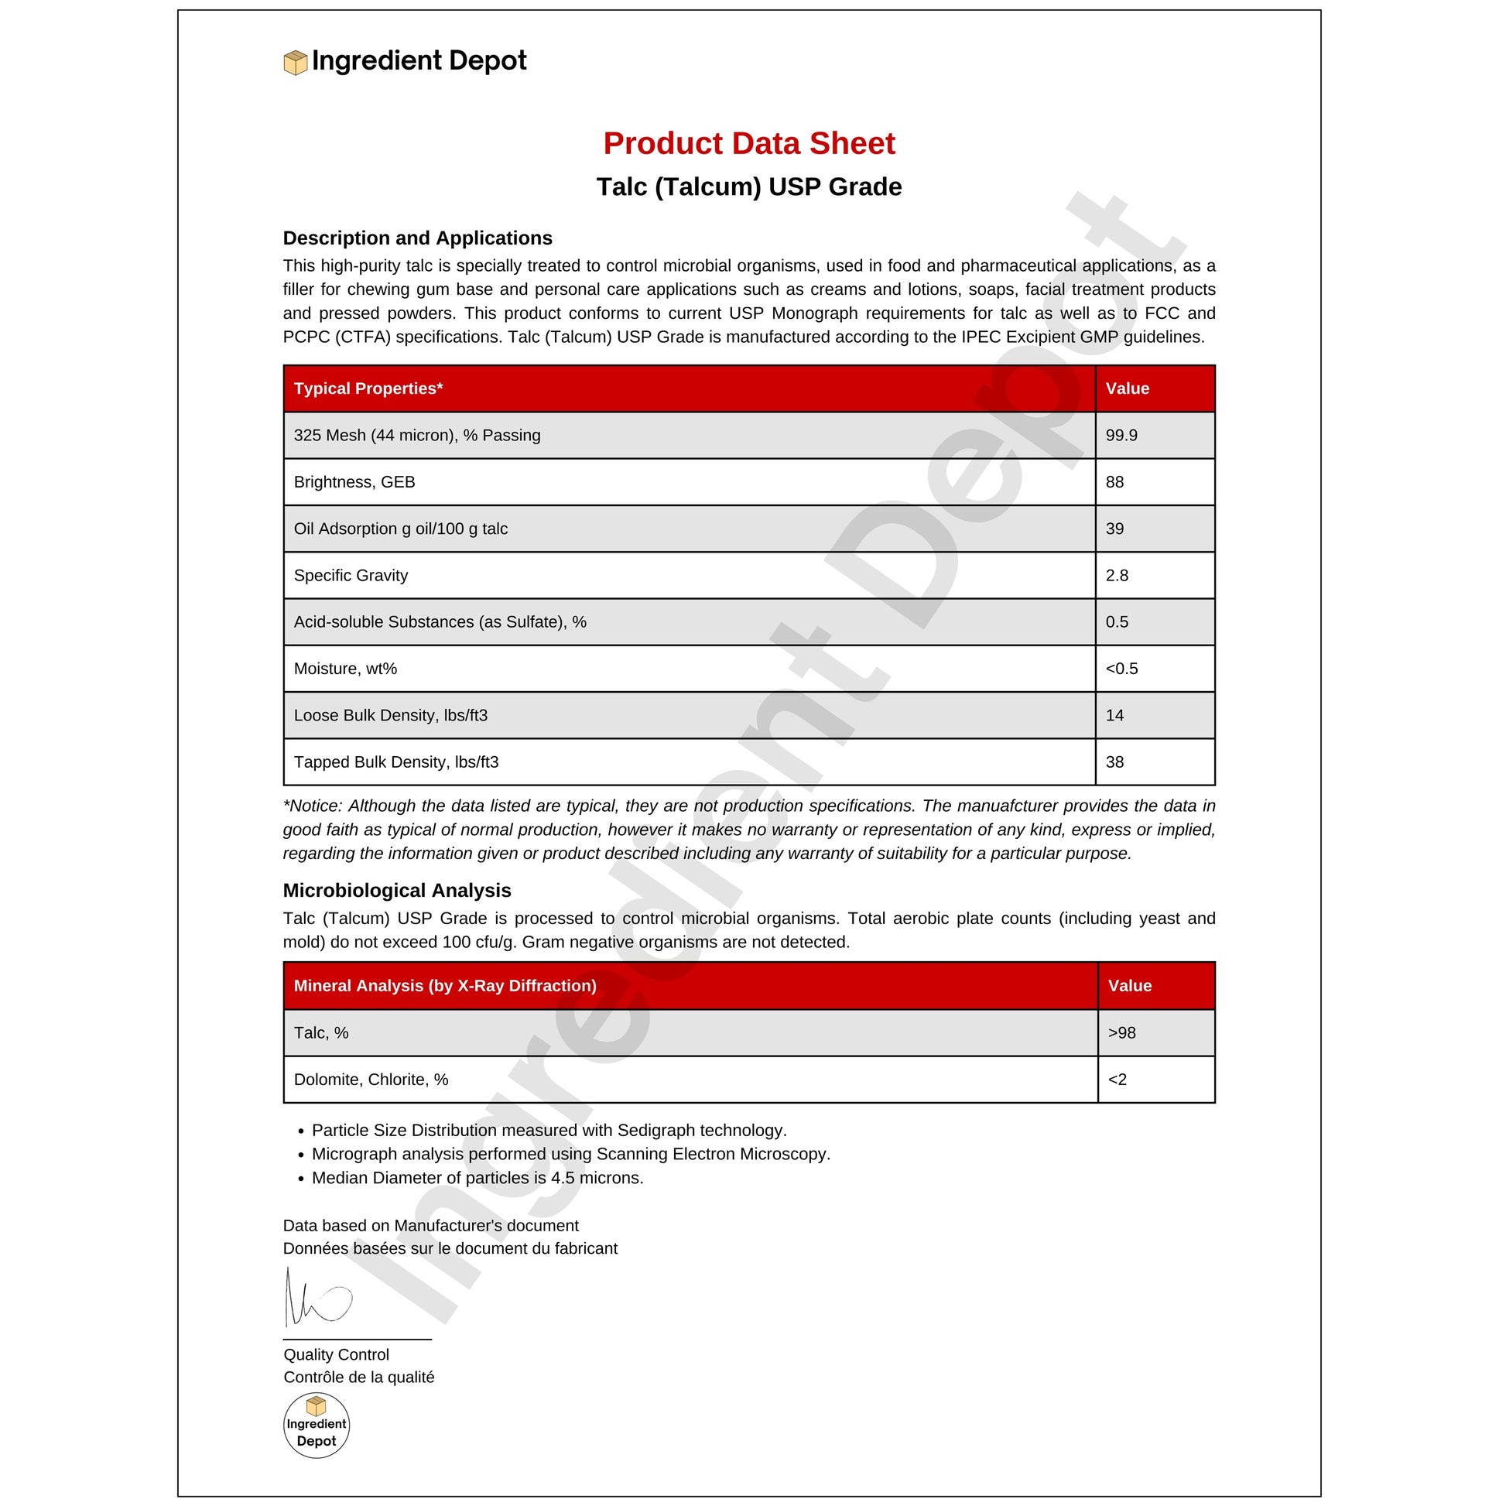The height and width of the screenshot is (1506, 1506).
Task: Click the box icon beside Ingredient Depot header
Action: pos(295,63)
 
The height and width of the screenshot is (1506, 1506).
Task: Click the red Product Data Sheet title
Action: pos(748,143)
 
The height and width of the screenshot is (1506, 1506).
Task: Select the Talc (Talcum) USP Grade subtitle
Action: pos(748,187)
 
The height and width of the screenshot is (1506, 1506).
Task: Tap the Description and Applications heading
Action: pos(417,238)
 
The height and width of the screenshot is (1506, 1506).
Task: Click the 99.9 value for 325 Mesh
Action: pos(1121,435)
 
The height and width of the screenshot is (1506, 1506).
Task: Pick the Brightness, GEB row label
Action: pos(354,481)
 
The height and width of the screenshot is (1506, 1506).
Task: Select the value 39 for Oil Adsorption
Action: pos(1114,529)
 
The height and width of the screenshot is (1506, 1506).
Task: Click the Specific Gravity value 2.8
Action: pos(1116,575)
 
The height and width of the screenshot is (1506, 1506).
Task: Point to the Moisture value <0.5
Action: pos(1121,669)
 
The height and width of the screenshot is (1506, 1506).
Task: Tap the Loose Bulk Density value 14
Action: pos(1114,716)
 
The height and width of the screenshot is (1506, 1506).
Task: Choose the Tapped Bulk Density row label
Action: pos(396,762)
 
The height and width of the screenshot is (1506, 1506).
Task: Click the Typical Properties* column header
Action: pos(368,388)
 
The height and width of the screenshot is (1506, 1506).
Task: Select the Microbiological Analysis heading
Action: pos(397,890)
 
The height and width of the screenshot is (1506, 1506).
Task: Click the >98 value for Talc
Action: pos(1121,1033)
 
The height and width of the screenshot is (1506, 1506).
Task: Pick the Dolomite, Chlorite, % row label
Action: pos(371,1080)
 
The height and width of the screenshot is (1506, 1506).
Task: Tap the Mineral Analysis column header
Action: pos(444,986)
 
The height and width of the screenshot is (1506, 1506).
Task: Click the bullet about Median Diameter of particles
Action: pos(477,1178)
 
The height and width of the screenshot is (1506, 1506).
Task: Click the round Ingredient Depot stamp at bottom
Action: pos(316,1426)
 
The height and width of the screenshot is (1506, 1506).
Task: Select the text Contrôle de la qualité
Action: pos(358,1378)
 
